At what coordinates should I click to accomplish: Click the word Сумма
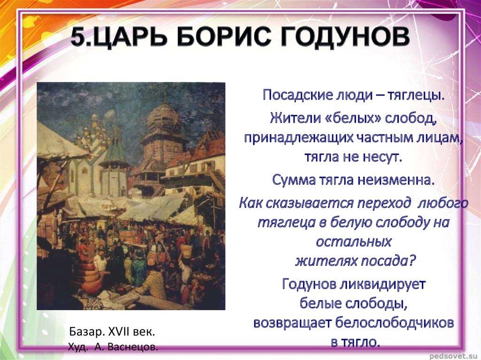293,180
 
